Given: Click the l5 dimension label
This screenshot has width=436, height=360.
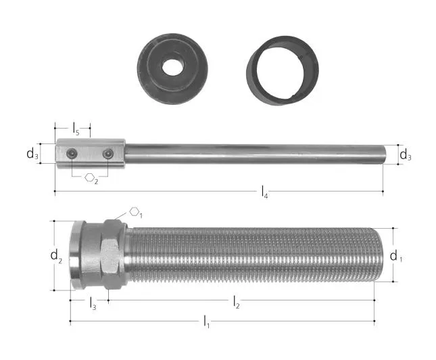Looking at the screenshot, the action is pos(76,129).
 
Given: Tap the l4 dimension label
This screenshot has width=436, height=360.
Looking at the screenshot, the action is pos(264,192).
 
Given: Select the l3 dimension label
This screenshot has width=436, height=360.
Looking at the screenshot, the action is pos(93,303).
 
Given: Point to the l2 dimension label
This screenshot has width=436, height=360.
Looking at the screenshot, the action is pos(237,302).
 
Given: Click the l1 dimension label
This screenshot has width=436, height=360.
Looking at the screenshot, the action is pos(206,321).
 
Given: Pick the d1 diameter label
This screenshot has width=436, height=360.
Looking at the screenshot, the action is pos(396,256).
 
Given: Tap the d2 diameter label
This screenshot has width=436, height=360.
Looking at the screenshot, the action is pos(56,256).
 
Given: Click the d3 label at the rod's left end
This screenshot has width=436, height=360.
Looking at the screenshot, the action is pos(32,154).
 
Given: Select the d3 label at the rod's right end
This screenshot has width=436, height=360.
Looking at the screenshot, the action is pos(405,155).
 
